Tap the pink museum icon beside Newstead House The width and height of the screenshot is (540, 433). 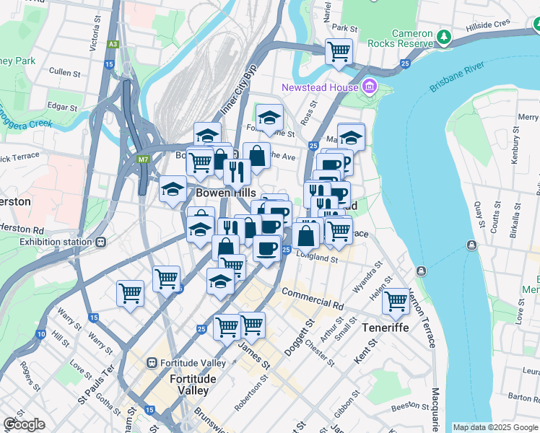tap(370, 87)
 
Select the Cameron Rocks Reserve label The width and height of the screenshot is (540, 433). tap(413, 39)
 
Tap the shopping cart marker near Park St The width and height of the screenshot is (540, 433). tap(339, 52)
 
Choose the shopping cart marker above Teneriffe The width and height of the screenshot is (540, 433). tap(396, 300)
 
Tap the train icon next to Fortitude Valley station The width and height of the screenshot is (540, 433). tap(152, 362)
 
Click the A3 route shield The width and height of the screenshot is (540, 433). tap(113, 45)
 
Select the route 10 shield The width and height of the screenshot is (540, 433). tap(40, 334)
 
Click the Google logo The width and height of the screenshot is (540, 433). tap(24, 424)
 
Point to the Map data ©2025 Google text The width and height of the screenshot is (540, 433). tap(495, 427)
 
